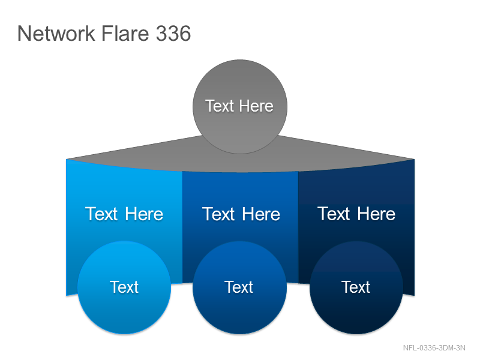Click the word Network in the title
tap(56, 34)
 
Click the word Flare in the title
tap(125, 33)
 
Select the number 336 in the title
tap(173, 34)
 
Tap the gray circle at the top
tap(240, 107)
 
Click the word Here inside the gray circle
tap(256, 106)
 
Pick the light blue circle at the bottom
tap(124, 287)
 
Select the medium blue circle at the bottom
tap(239, 287)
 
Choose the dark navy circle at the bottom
tap(356, 287)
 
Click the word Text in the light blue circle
tap(124, 287)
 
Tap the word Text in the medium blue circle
tap(239, 287)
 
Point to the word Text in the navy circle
tap(356, 287)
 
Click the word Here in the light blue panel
tap(144, 214)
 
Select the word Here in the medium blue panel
tap(261, 214)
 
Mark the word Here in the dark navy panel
tap(376, 214)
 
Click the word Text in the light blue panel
tap(101, 214)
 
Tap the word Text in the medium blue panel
tap(218, 214)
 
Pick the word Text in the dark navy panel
tap(334, 214)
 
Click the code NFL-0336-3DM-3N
tap(434, 348)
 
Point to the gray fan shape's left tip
tap(67, 159)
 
